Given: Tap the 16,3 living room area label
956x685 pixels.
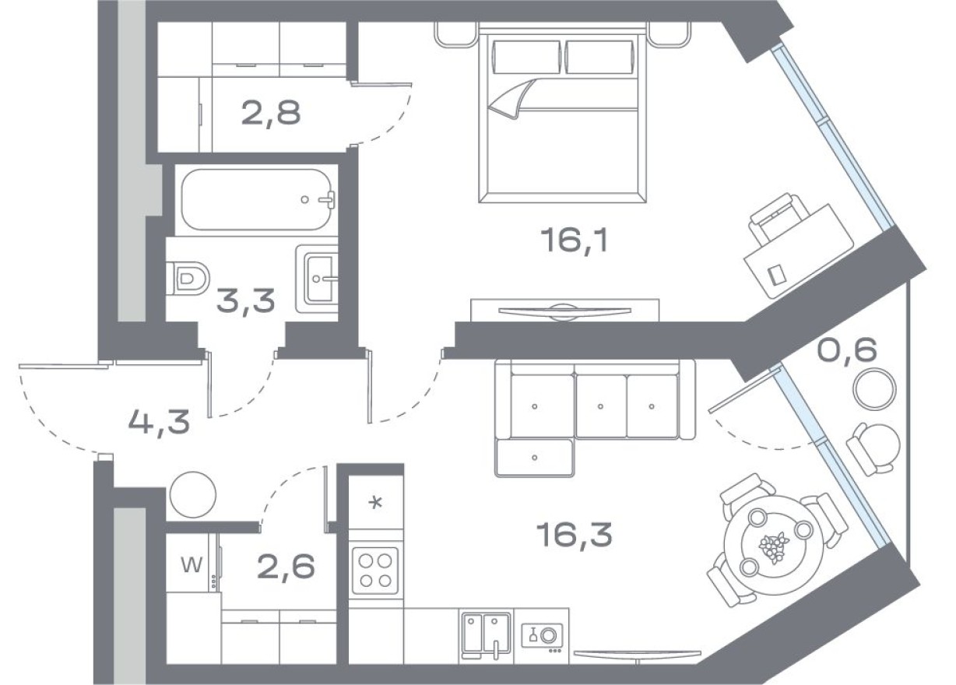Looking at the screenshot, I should [x=574, y=535].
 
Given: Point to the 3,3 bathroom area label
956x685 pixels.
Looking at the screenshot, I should [x=245, y=300].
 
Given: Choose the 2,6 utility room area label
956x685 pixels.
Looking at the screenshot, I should [x=285, y=567].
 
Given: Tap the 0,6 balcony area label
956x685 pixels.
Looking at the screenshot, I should [x=847, y=351].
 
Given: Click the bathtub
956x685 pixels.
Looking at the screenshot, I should [x=256, y=199].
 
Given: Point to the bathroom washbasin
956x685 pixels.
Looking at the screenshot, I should [x=318, y=277].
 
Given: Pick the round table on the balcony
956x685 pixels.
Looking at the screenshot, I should [x=873, y=389].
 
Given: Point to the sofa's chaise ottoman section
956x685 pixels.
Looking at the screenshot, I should [x=534, y=458].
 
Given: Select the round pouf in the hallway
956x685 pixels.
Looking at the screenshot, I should [x=192, y=494].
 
